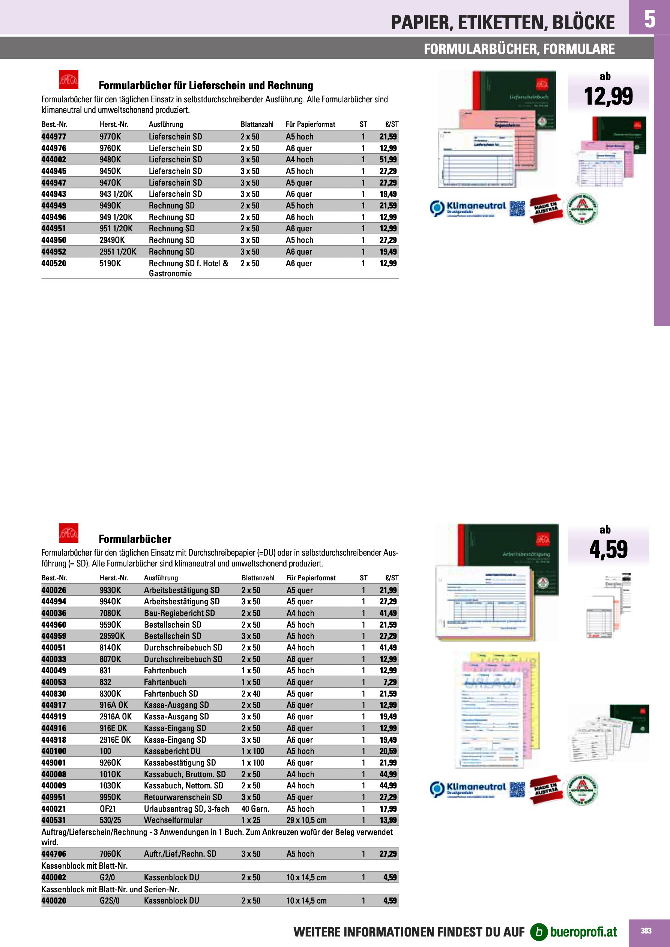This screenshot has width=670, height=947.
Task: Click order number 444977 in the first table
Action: coord(54,136)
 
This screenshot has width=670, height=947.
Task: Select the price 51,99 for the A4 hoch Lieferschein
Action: coord(388,160)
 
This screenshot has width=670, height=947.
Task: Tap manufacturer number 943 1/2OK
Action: coord(116,194)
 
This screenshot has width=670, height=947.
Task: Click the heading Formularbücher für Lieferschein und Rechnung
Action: coord(206,85)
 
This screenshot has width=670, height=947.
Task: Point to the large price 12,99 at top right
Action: coord(608,96)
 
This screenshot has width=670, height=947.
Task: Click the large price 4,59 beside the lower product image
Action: coord(608,549)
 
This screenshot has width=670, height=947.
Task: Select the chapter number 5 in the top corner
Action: coord(649,19)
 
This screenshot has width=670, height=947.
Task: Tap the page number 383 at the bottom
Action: coord(646,931)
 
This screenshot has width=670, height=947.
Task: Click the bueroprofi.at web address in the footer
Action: coord(583,932)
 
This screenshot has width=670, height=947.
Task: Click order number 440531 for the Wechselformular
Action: coord(54,820)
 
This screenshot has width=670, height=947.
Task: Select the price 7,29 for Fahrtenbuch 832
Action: coord(390,682)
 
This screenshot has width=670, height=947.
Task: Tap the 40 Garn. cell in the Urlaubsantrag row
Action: coord(255,809)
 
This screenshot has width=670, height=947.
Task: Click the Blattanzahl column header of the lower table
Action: coord(258,578)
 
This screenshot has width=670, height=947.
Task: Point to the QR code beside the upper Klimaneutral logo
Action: coord(517,209)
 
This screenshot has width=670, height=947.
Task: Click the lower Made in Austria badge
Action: coord(546,789)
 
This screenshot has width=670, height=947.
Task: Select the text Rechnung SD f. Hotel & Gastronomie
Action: coord(188,268)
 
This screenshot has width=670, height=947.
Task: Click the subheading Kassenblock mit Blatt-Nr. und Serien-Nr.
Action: coord(110,889)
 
